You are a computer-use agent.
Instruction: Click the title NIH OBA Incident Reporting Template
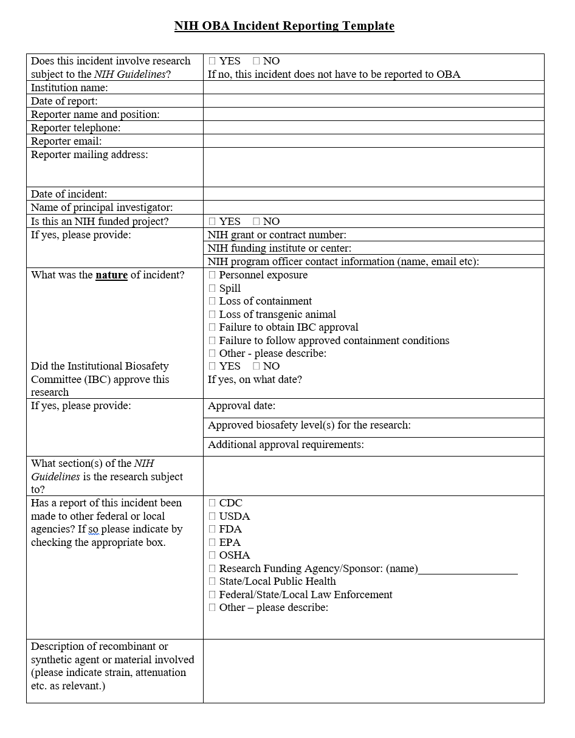pos(284,26)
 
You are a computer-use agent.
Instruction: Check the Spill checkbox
pos(212,288)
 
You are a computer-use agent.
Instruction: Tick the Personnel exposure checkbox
pos(212,275)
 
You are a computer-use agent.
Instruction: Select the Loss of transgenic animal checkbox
pos(212,314)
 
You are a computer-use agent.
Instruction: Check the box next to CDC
pos(212,503)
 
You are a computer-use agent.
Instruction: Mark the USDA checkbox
pos(212,516)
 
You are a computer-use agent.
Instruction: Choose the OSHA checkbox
pos(212,555)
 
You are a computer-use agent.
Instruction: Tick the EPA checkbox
pos(212,542)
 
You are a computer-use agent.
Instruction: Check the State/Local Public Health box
pos(212,581)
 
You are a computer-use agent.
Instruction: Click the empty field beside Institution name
pos(373,88)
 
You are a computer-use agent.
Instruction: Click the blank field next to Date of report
pos(373,101)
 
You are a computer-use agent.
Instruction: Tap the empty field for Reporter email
pos(373,141)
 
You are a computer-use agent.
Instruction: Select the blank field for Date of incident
pos(373,194)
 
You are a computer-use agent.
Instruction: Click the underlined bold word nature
pos(111,275)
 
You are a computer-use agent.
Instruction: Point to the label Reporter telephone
pos(76,128)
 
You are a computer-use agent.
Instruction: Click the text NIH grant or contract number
pos(277,235)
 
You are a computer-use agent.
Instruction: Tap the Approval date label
pos(241,406)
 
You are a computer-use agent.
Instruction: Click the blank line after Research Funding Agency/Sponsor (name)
pos(468,570)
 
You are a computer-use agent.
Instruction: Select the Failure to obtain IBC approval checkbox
pos(212,328)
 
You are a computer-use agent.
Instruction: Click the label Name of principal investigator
pos(102,208)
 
